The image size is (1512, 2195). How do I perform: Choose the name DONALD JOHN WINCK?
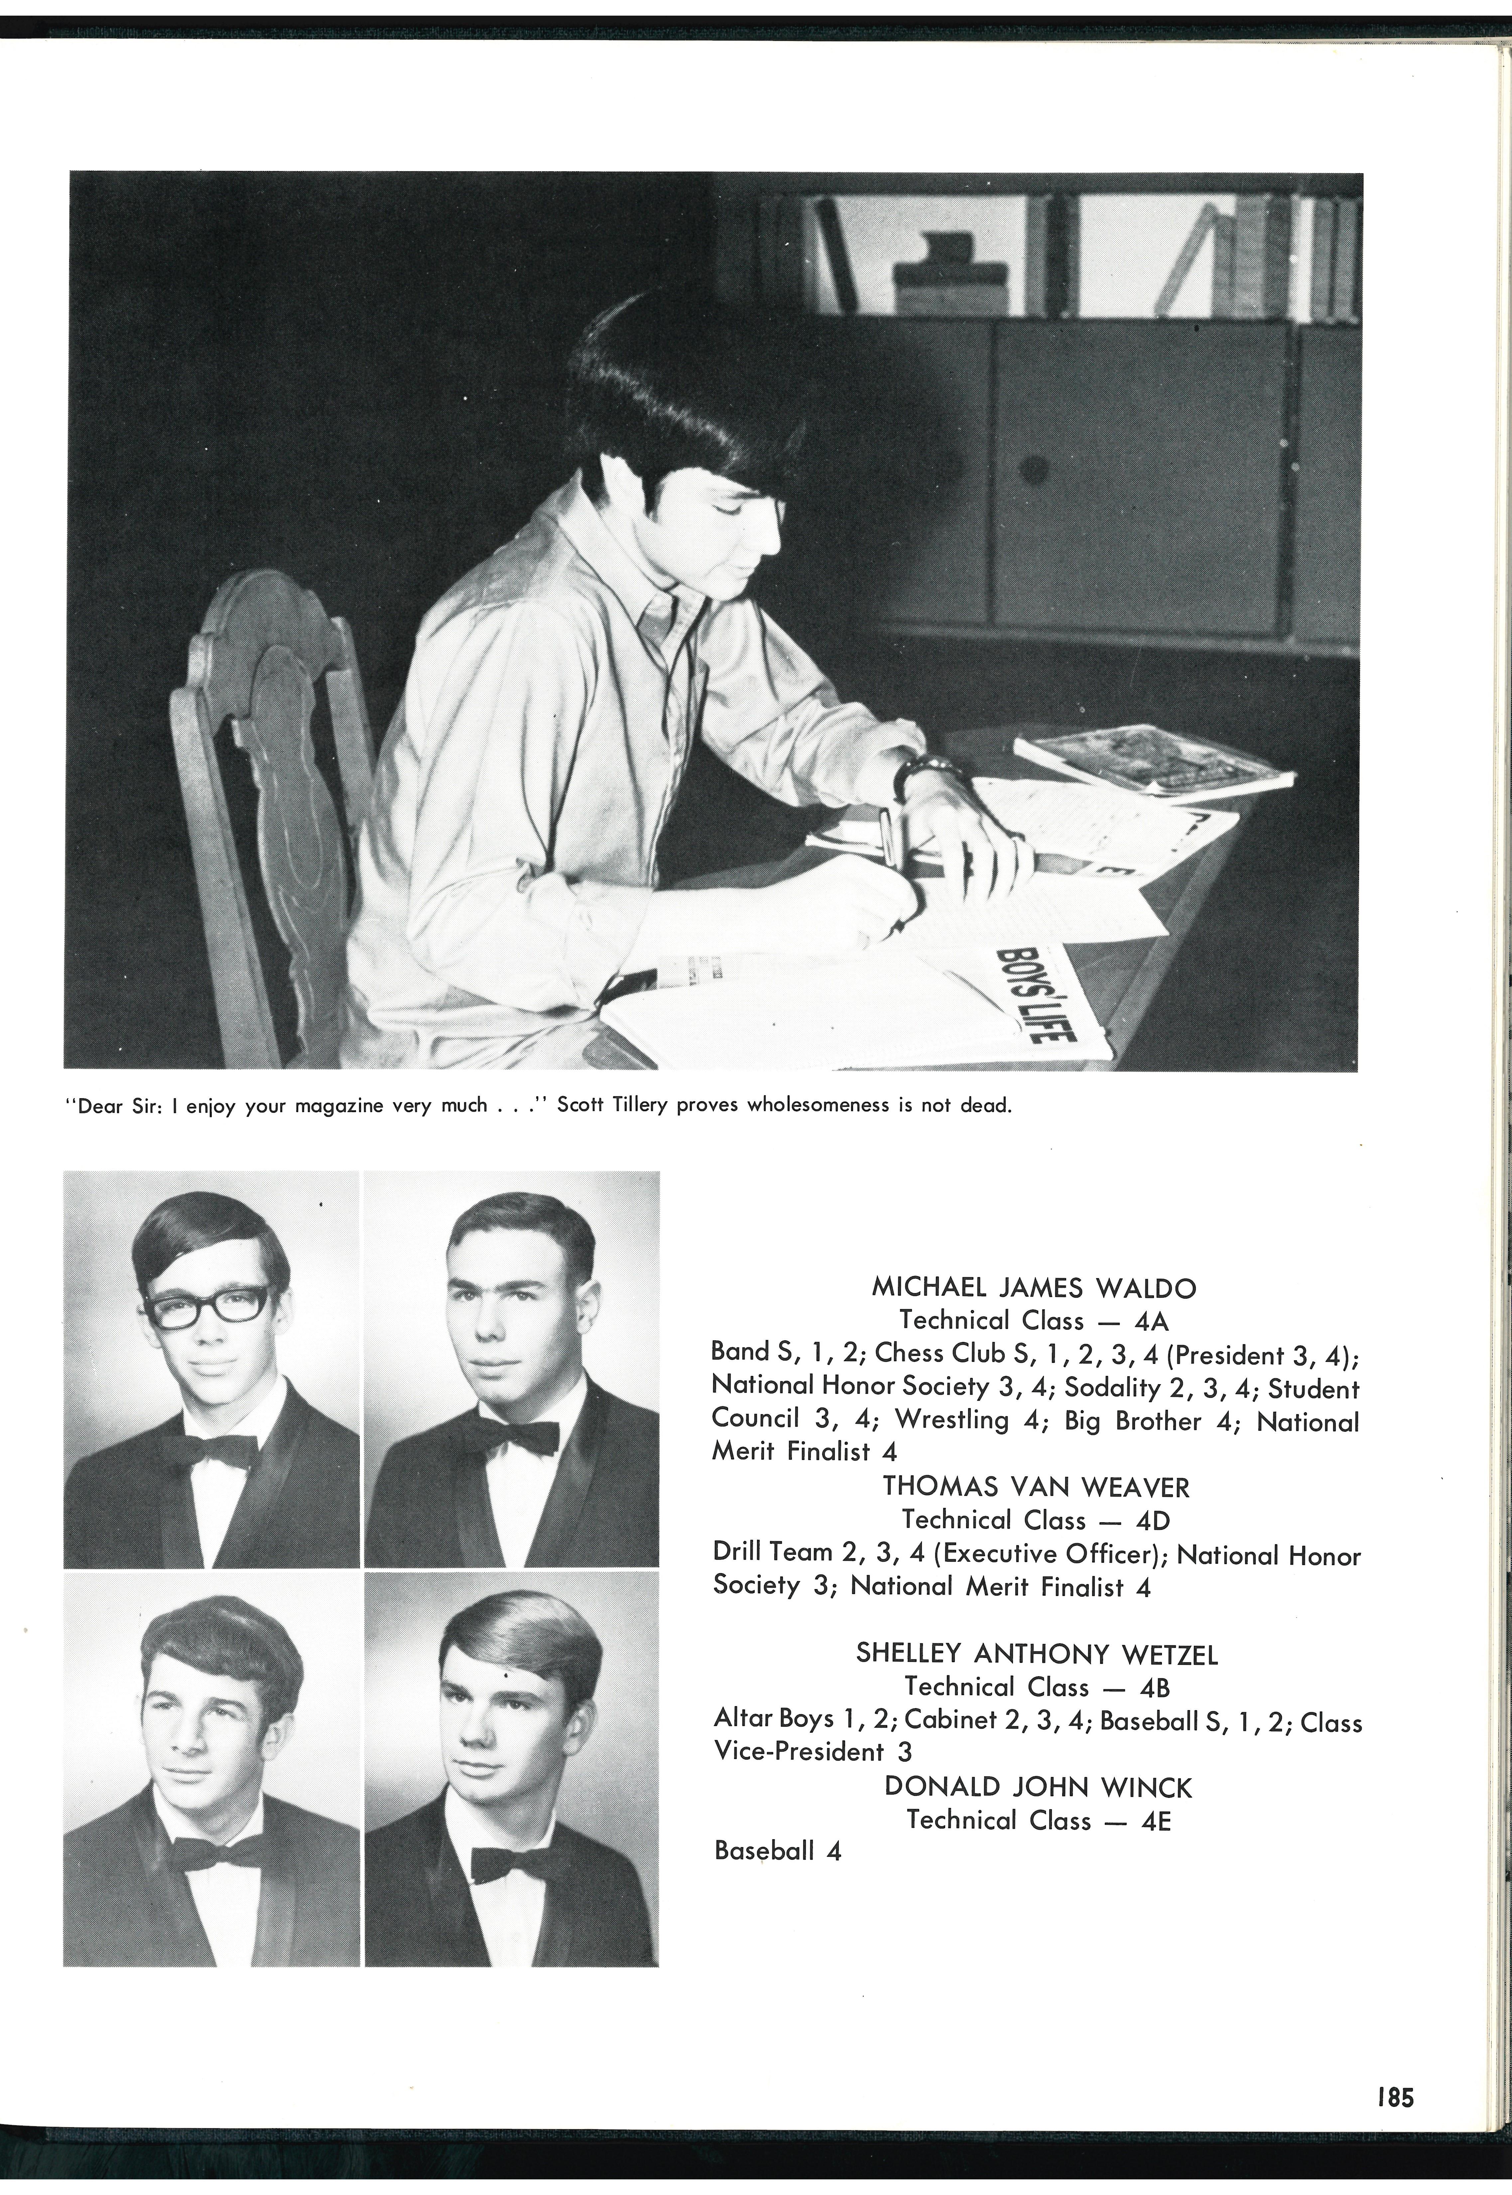coord(1037,1788)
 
